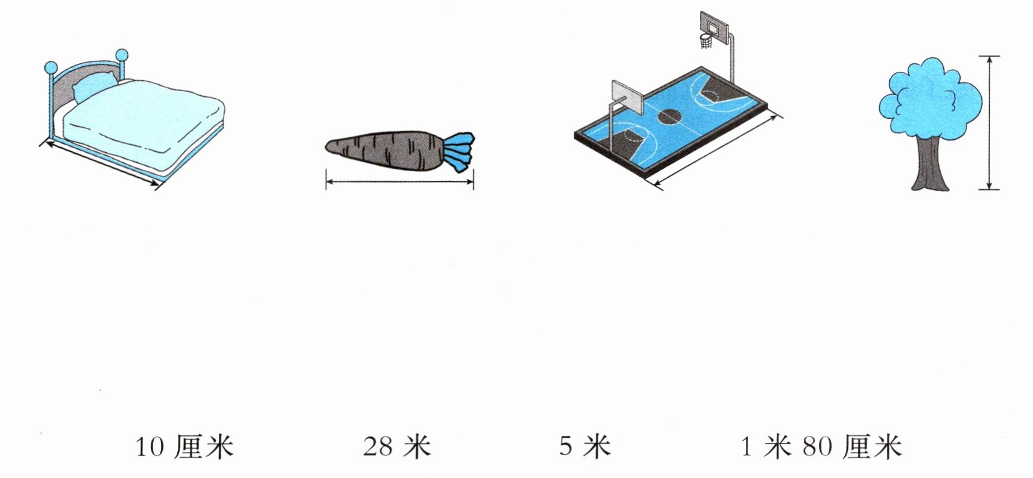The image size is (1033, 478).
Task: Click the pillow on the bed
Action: (x=95, y=87)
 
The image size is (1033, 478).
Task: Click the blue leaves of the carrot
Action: (x=460, y=152)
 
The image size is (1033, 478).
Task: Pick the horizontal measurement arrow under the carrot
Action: (x=400, y=181)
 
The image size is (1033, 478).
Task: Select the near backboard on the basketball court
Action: (x=628, y=98)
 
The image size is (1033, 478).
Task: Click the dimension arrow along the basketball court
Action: (x=718, y=151)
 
